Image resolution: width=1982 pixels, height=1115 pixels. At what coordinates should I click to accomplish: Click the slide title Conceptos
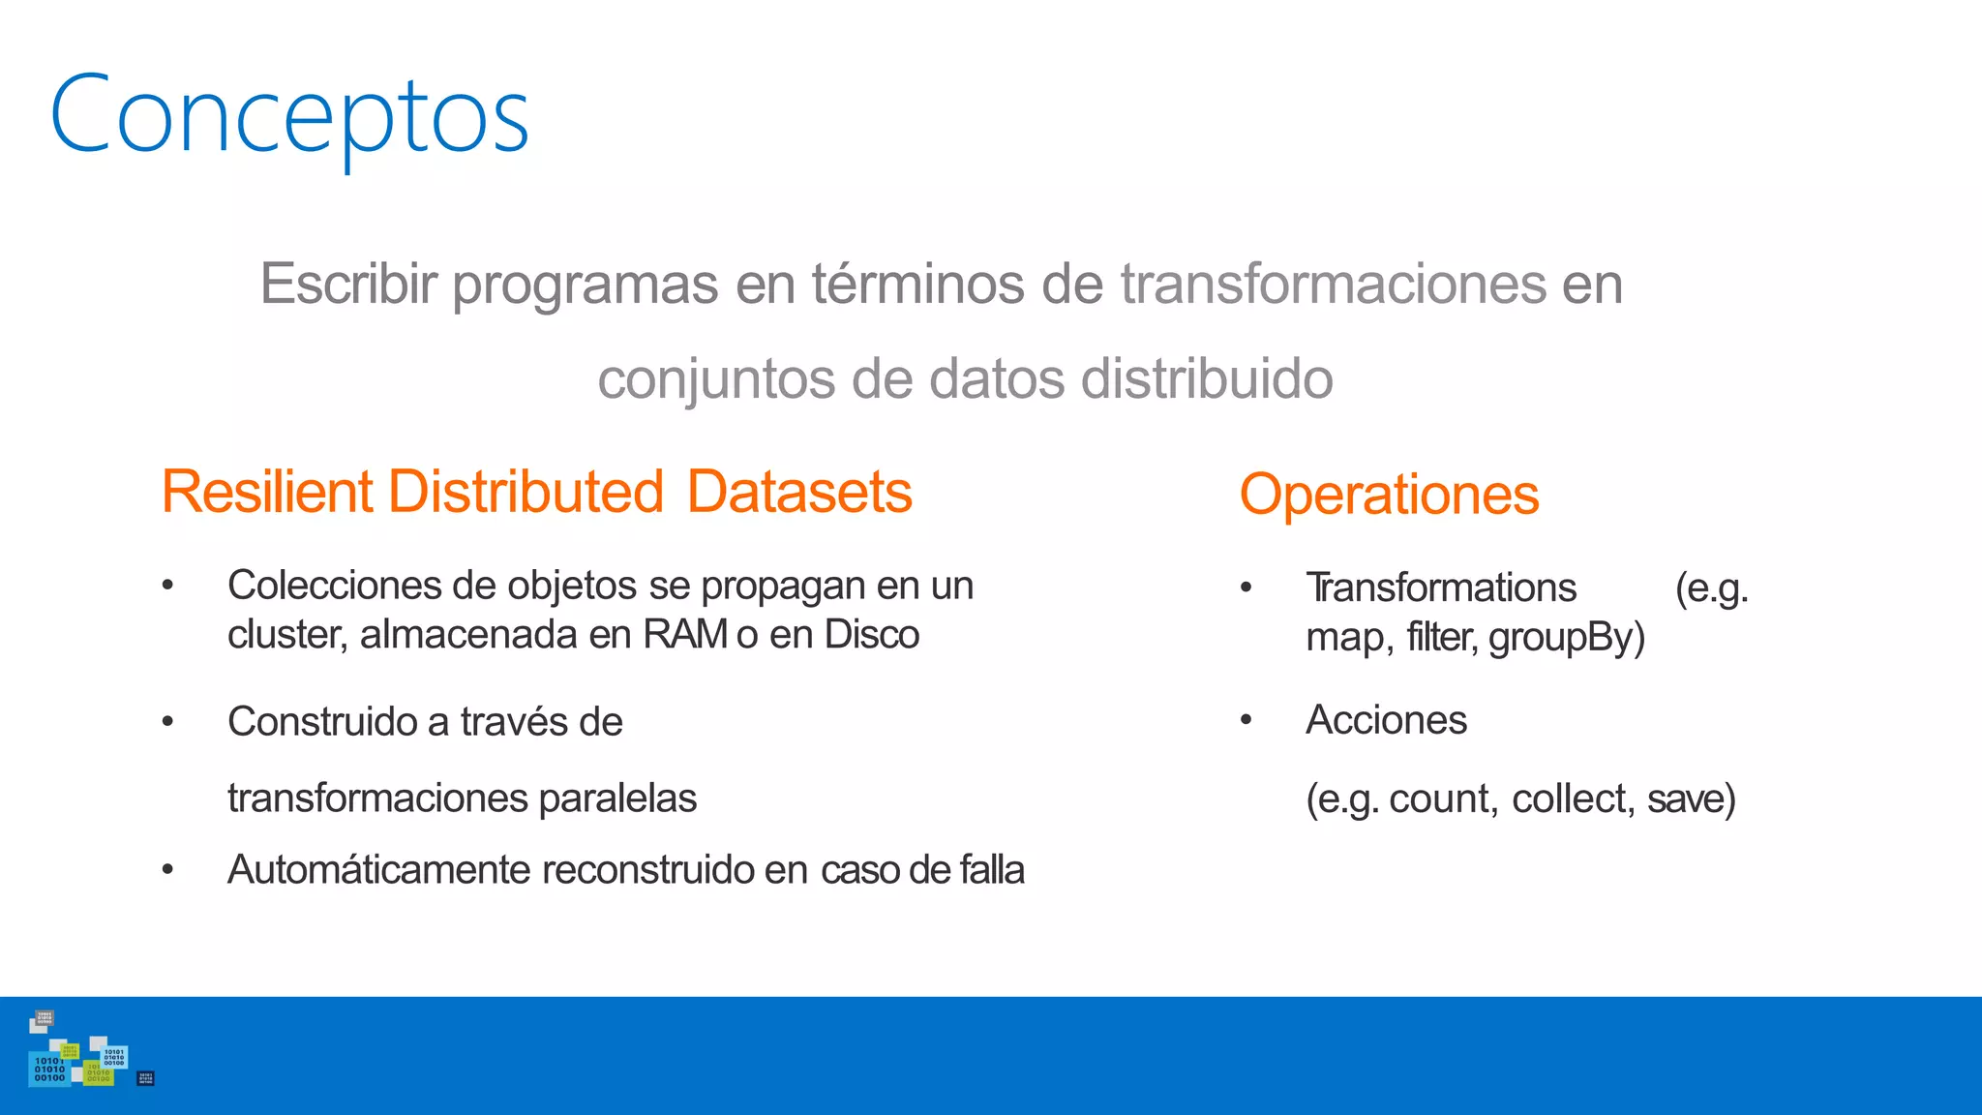point(288,116)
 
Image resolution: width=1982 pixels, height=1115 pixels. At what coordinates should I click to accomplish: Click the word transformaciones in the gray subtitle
point(1334,285)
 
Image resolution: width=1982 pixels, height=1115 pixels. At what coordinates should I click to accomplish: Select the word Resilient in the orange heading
point(267,492)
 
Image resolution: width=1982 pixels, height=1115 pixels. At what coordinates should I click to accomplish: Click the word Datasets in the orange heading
point(799,492)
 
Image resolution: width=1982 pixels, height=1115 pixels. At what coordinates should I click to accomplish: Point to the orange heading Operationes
point(1389,495)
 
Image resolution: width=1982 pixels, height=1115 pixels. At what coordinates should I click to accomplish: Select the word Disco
point(871,635)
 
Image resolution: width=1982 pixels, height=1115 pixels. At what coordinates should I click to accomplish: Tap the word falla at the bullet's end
point(992,869)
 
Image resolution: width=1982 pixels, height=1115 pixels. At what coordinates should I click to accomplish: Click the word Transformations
point(1440,588)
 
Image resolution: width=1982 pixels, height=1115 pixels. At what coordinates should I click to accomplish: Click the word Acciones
point(1386,720)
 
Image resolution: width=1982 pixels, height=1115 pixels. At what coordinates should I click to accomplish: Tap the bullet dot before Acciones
point(1246,720)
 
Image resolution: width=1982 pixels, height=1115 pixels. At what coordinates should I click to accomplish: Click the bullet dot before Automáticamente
point(167,870)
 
